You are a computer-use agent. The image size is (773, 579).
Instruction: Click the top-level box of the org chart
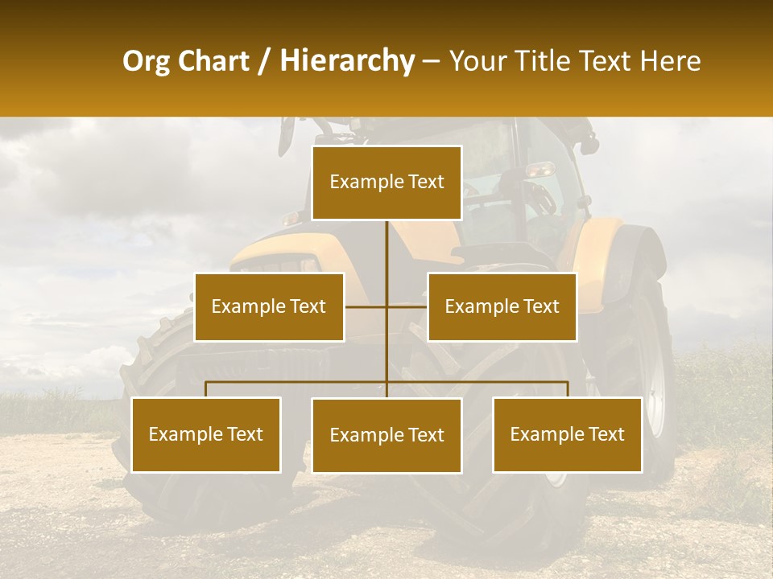click(386, 183)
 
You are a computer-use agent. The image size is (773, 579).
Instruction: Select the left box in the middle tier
click(269, 306)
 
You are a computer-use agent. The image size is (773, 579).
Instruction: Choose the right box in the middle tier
click(502, 306)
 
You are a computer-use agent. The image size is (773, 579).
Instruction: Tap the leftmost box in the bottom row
click(206, 434)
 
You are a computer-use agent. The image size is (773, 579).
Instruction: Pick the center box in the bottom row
click(386, 435)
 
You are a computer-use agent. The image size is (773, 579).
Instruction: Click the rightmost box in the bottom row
click(567, 434)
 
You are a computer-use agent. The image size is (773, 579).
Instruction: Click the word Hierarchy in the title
click(347, 61)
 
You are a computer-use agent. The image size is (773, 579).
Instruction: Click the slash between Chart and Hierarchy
click(263, 61)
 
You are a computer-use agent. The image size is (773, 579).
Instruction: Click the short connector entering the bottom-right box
click(568, 389)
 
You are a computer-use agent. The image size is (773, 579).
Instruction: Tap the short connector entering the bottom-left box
click(206, 389)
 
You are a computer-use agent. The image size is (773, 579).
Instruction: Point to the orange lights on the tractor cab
click(539, 169)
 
